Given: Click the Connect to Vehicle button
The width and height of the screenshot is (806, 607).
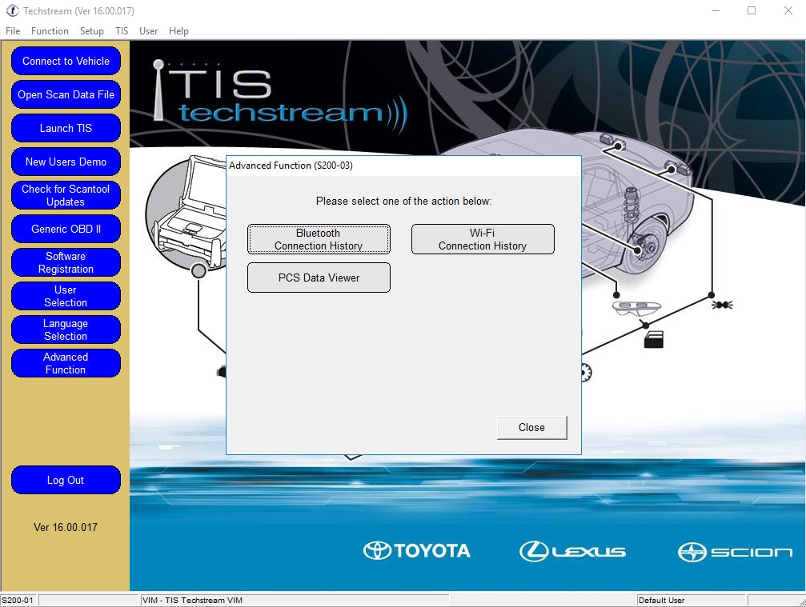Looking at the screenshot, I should click(x=66, y=61).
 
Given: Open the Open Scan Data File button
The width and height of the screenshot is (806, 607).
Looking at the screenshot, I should click(x=66, y=94).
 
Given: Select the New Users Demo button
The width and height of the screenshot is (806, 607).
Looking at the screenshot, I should click(x=66, y=162).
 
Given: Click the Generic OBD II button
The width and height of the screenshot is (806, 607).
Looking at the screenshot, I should click(x=66, y=229).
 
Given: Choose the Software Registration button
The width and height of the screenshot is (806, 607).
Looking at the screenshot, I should click(x=66, y=262).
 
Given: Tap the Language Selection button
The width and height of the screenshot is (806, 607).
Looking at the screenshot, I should click(x=66, y=329).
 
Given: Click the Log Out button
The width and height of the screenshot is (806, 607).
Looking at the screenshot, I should click(x=66, y=480).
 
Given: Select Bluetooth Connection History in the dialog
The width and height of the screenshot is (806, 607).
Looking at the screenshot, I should click(x=319, y=239).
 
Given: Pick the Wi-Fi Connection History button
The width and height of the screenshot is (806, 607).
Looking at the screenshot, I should click(x=483, y=239).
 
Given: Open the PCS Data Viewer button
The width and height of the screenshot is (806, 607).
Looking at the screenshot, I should click(x=319, y=278).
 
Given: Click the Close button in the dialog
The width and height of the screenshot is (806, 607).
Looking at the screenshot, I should click(x=531, y=427).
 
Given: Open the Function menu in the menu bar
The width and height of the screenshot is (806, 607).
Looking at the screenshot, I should click(x=50, y=31).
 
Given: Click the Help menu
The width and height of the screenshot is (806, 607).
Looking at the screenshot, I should click(x=179, y=31).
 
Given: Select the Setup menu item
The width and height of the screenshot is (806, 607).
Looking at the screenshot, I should click(x=92, y=31).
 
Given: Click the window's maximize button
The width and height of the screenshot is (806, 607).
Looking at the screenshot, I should click(x=752, y=10).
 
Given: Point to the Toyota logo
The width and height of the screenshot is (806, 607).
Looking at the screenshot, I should click(x=417, y=550).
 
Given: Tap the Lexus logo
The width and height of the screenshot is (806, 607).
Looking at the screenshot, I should click(x=572, y=550).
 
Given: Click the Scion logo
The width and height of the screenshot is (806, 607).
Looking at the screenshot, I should click(x=735, y=551).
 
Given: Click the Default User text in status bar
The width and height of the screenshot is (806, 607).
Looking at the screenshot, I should click(x=662, y=601).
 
